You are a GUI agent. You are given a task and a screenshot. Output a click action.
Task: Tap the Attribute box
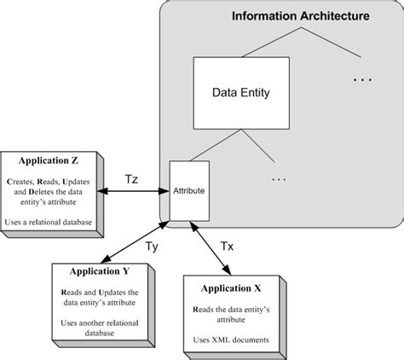(x=188, y=191)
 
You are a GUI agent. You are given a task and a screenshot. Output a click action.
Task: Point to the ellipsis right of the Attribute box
(x=280, y=180)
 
